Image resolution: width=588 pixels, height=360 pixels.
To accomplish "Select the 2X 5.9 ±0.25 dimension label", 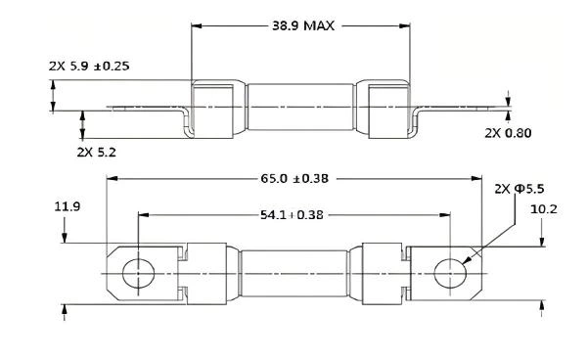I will point(89,66).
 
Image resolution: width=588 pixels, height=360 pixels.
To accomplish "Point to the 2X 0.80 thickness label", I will point(507,133).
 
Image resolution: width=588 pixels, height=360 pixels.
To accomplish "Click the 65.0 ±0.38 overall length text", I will point(293,179).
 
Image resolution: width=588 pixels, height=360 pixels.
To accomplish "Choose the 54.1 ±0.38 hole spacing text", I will point(293,213).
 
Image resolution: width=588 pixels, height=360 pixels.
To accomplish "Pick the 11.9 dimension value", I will point(67,206).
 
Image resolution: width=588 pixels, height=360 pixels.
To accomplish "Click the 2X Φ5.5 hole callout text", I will point(516,187).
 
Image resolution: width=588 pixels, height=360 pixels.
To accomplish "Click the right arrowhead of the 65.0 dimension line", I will point(477,179).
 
